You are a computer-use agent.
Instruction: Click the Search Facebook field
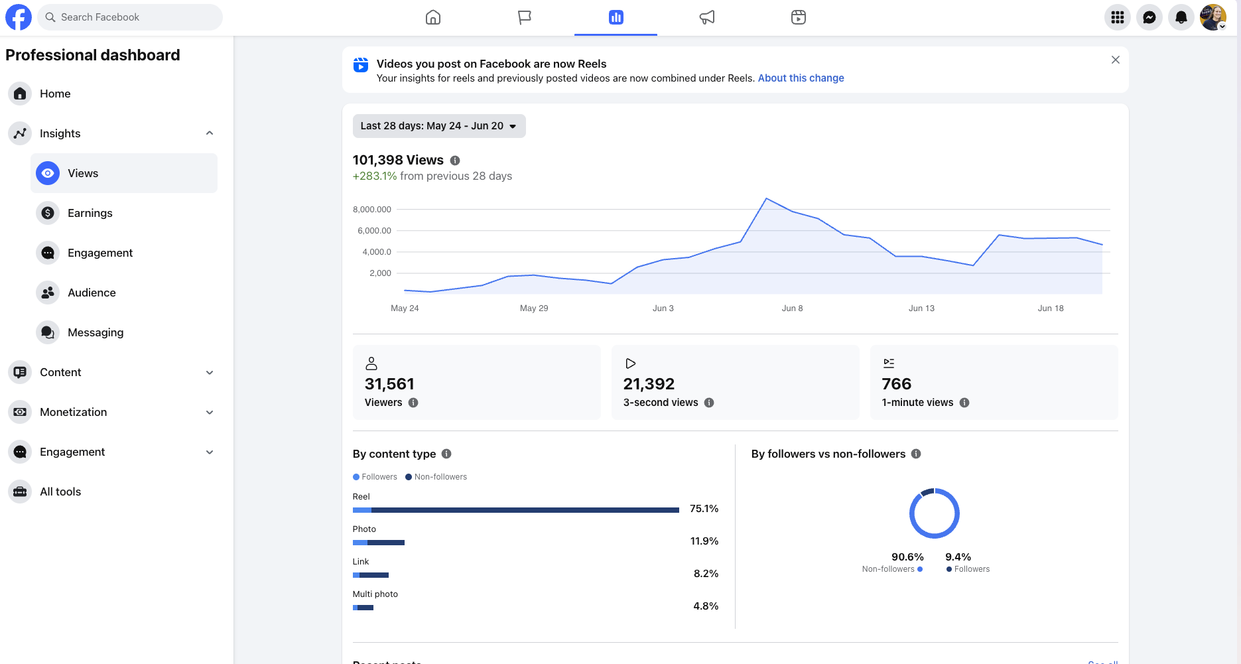130,17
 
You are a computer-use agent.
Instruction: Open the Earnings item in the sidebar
90,213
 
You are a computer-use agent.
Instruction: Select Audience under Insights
92,293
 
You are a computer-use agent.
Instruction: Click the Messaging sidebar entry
96,332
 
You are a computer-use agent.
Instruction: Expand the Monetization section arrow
210,412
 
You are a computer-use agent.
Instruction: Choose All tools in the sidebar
60,492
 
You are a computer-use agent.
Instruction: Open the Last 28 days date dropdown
439,126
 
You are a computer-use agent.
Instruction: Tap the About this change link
801,78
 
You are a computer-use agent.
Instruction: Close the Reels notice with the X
1116,60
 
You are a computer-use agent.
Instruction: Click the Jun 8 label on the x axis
792,308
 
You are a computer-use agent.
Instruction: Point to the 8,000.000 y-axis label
372,210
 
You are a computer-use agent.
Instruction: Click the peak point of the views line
766,198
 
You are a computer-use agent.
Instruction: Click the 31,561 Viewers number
389,384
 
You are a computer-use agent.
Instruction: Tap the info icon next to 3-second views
709,403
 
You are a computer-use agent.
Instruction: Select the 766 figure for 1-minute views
896,384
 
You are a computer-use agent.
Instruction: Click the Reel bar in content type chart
516,510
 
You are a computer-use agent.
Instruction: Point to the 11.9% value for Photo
704,541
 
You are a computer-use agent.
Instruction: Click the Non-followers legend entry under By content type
436,477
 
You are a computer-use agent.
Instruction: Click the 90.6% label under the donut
907,557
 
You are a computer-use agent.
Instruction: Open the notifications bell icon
1181,17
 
